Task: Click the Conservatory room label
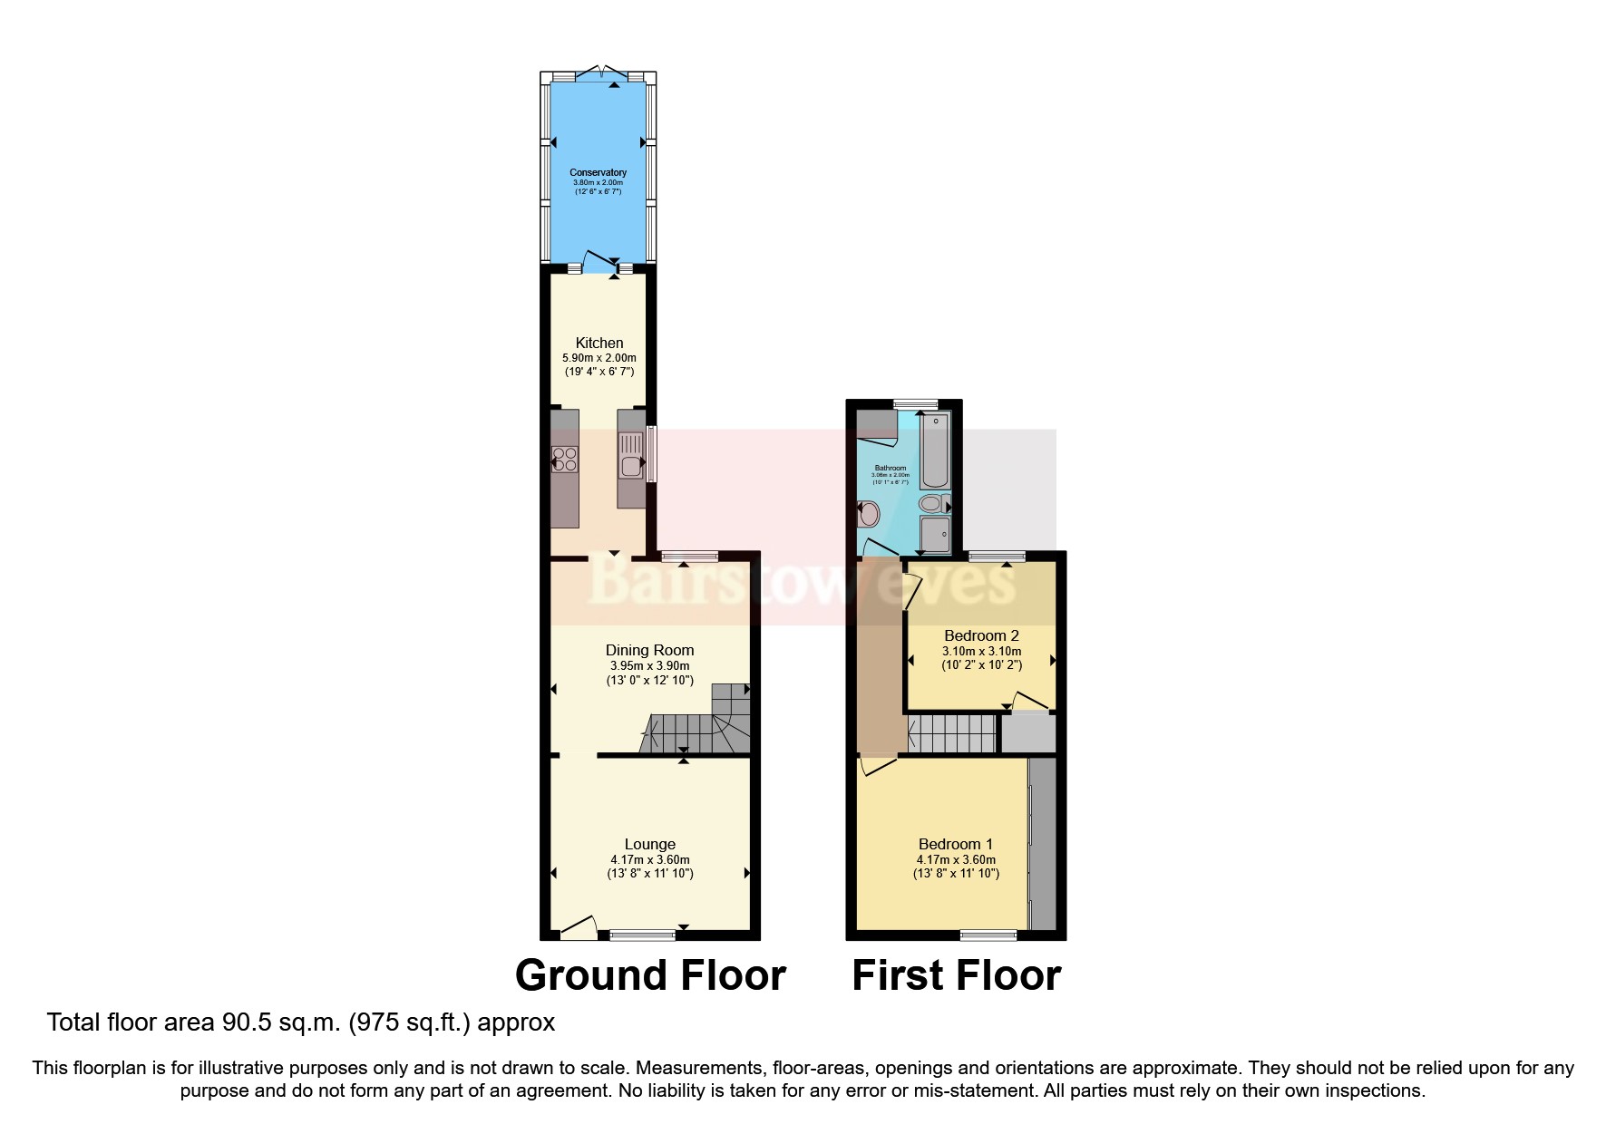click(598, 172)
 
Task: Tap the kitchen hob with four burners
click(565, 460)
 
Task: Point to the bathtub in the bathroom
click(934, 451)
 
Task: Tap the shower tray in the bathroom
click(934, 534)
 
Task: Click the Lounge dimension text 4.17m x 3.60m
click(649, 859)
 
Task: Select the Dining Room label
click(649, 650)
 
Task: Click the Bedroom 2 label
click(981, 635)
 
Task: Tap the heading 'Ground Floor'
click(649, 976)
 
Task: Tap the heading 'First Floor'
click(956, 976)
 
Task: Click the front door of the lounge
click(578, 927)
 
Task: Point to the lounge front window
click(642, 934)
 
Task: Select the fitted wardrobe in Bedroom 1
click(1043, 843)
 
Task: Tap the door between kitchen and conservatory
click(599, 262)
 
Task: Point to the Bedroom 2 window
click(997, 556)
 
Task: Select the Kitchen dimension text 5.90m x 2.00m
click(599, 358)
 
